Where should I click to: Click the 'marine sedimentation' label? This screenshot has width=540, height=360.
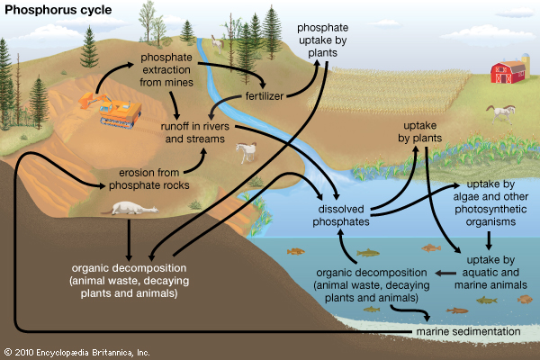tap(468, 332)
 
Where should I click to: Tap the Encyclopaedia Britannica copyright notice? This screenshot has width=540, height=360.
tap(76, 351)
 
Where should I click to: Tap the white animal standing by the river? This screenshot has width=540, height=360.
tap(244, 155)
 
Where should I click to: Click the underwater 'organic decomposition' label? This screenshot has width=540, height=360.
tap(366, 284)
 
